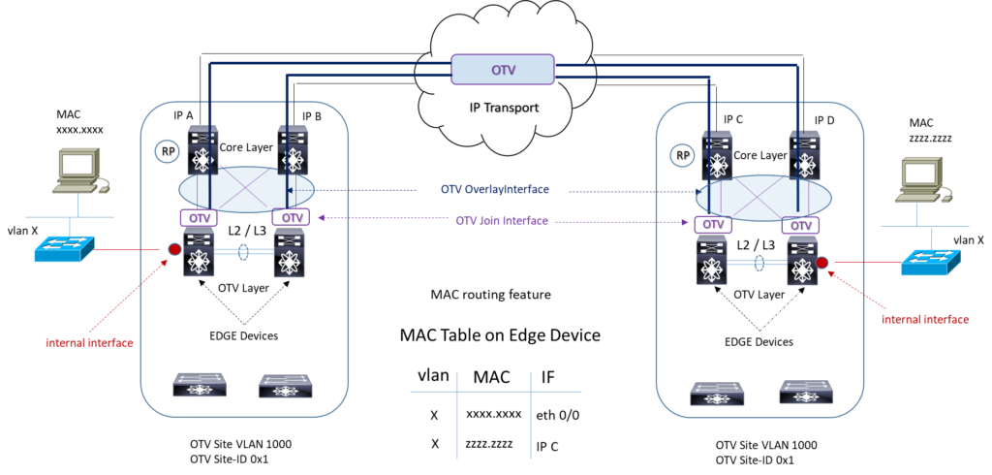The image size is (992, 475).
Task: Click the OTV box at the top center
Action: [x=502, y=69]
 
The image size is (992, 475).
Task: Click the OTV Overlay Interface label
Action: [x=494, y=189]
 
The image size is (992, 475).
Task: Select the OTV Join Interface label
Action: [x=502, y=221]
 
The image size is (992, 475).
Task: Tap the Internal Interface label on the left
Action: [x=89, y=342]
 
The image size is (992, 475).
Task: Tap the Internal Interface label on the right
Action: [x=924, y=319]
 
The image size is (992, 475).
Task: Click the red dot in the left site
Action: [x=174, y=250]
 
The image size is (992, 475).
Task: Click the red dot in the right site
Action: [x=821, y=263]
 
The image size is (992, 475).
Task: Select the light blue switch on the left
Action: [x=63, y=249]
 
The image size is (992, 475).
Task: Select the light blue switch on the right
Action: [x=930, y=262]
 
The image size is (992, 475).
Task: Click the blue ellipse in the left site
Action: [x=247, y=189]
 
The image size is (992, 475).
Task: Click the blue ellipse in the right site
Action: [x=763, y=198]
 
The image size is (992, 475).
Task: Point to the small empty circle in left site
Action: [x=167, y=151]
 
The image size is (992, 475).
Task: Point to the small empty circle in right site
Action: [x=682, y=155]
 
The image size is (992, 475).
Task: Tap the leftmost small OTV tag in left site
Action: [x=199, y=217]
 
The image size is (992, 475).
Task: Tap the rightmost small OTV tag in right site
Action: [x=800, y=225]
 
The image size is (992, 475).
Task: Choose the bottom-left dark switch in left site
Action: [x=200, y=385]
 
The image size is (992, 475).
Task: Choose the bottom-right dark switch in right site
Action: [x=805, y=392]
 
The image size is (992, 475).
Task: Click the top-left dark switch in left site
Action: [x=202, y=148]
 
